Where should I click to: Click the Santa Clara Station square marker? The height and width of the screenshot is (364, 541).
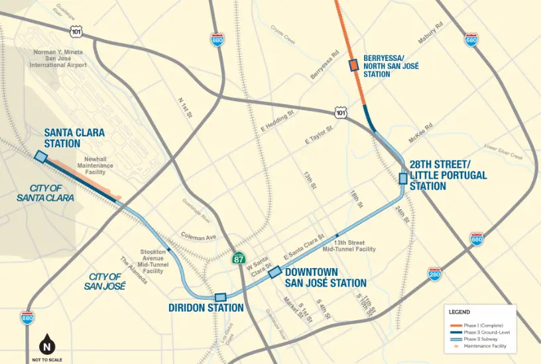40,156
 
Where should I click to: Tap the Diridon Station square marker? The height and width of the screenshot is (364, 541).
221,297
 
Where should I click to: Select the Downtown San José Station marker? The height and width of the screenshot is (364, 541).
274,271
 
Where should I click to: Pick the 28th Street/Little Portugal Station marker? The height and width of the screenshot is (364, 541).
402,178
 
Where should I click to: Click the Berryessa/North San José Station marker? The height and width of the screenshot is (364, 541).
353,65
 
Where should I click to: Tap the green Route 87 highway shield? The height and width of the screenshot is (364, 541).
239,259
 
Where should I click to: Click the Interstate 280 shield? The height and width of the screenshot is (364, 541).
434,274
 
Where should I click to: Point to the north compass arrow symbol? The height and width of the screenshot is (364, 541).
46,345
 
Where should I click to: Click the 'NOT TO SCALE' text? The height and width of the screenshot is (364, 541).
46,359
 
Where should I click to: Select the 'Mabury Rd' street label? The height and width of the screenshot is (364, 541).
429,34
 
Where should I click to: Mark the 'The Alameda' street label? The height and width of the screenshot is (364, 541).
133,271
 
